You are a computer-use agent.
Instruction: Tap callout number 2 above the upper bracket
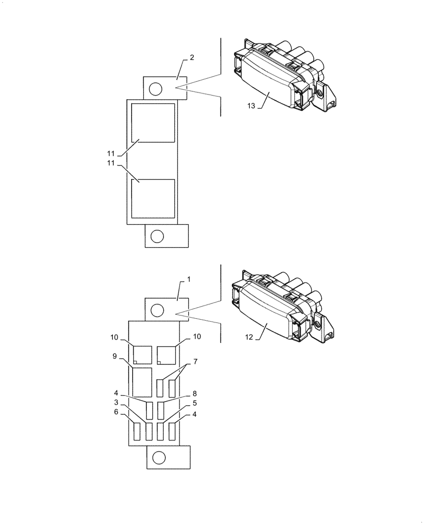pos(192,57)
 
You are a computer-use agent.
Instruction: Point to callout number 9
pos(114,356)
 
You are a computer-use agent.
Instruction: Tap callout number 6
pos(117,413)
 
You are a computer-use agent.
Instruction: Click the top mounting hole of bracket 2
pos(155,89)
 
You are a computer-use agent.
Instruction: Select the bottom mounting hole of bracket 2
pos(156,236)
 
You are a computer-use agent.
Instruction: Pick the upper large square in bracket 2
pos(153,123)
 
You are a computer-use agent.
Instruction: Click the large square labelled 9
pos(142,382)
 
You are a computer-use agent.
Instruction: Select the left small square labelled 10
pos(142,355)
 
